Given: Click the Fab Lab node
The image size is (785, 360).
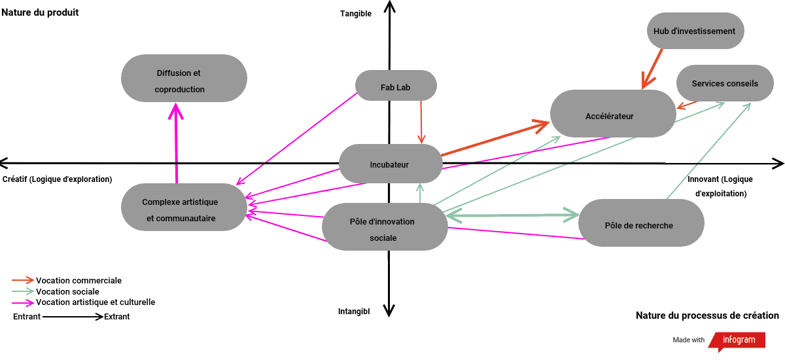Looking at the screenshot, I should (x=395, y=86).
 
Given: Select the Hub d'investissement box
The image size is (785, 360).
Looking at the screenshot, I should (x=694, y=31).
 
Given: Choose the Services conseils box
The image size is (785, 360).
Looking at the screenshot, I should (x=725, y=83).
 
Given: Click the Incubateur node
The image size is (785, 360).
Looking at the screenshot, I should (x=390, y=164).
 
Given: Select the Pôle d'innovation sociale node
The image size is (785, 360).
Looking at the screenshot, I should (x=383, y=229).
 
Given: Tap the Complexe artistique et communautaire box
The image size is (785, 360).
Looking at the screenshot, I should (x=180, y=210).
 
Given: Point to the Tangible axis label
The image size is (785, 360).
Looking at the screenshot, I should (x=356, y=14).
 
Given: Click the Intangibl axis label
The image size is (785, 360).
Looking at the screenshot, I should (x=354, y=312).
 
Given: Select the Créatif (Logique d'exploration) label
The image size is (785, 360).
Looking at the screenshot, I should (x=58, y=179).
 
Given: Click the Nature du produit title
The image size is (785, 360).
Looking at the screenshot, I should (x=40, y=12).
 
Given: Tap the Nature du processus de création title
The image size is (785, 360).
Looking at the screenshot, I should (x=707, y=315).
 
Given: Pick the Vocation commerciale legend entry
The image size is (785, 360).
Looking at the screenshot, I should (x=78, y=281).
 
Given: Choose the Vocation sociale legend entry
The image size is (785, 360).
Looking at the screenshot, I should (x=67, y=292).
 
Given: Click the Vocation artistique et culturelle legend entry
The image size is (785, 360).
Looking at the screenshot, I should (x=95, y=302).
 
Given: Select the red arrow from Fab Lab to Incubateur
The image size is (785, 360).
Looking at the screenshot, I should (x=421, y=121).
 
